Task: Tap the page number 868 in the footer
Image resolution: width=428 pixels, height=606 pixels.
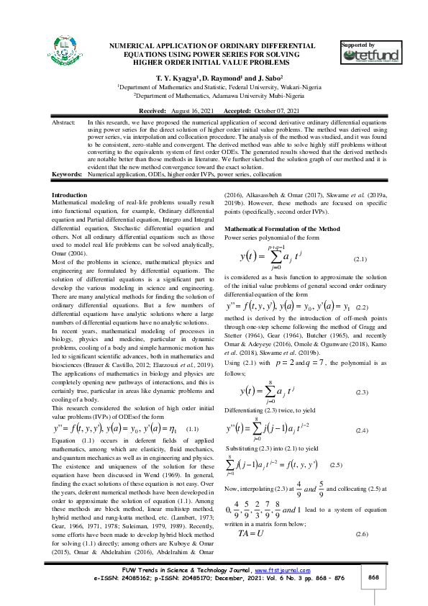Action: (x=373, y=577)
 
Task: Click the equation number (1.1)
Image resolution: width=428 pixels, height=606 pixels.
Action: (x=192, y=428)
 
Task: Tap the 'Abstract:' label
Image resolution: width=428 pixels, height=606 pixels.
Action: (x=65, y=124)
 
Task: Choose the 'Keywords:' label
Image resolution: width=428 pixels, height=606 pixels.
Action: (x=68, y=174)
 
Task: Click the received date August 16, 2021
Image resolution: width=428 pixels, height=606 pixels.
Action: (x=194, y=112)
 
